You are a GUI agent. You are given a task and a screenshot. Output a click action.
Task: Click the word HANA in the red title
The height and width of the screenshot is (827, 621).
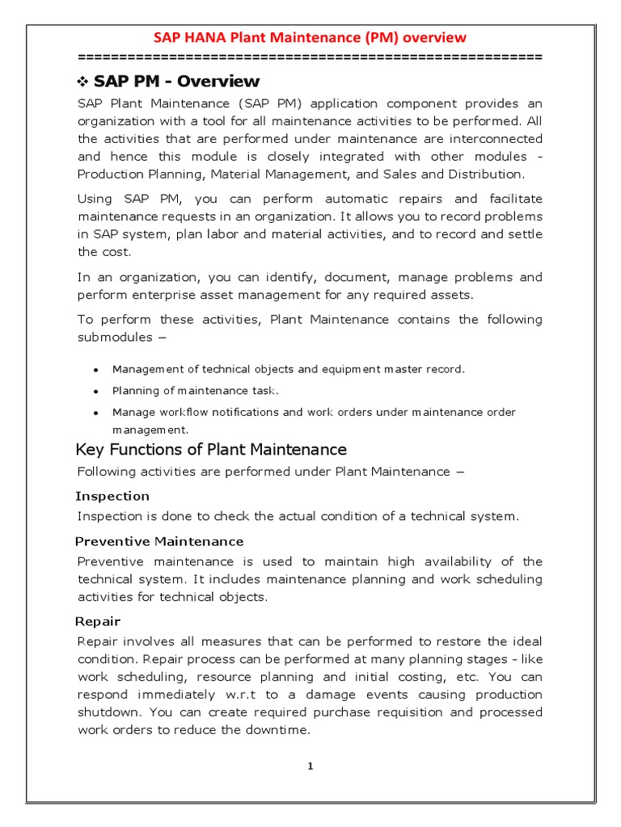point(207,37)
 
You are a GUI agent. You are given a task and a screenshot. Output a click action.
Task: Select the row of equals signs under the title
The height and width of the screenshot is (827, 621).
point(310,57)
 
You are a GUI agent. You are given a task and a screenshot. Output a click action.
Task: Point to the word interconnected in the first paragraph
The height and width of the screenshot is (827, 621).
point(492,139)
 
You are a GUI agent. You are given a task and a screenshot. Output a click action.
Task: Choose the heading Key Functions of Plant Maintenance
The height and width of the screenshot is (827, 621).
point(211,449)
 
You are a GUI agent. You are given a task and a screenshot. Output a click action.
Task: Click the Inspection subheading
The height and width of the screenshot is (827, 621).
point(112,496)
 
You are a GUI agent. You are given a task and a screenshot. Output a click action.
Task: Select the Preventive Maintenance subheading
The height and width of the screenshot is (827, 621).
point(159,541)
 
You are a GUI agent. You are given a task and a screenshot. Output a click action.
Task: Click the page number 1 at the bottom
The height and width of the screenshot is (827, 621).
point(310,766)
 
